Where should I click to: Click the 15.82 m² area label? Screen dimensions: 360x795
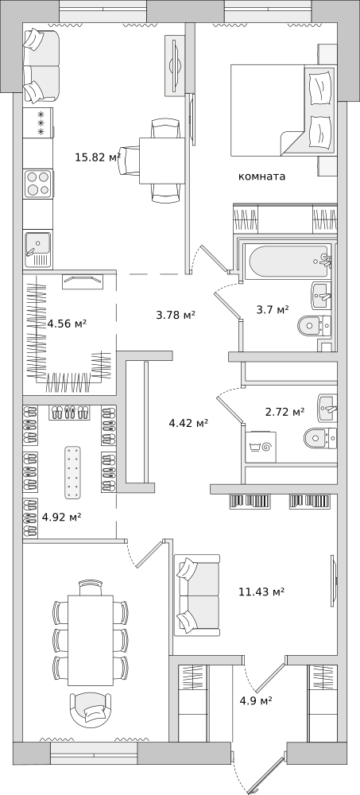click(98, 157)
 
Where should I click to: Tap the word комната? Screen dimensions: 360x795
click(261, 176)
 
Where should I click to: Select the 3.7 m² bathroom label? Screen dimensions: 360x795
click(273, 309)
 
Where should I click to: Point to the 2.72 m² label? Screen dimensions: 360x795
click(285, 412)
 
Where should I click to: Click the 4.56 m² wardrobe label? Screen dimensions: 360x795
click(67, 323)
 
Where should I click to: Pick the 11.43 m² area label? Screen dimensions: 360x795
click(261, 591)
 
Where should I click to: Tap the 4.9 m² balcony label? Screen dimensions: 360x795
click(256, 700)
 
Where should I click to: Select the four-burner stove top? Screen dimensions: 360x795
click(38, 184)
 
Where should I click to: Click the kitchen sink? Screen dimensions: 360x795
click(37, 250)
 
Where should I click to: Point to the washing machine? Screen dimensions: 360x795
click(261, 447)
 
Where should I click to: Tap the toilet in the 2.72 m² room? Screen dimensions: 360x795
click(320, 437)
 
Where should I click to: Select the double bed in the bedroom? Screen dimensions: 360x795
click(283, 110)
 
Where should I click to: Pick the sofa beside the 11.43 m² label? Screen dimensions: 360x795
click(197, 595)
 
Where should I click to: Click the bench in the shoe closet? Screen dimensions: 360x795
click(72, 472)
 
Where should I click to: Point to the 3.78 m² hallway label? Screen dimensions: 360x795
click(176, 316)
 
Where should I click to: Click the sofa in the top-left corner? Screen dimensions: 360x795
click(41, 65)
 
